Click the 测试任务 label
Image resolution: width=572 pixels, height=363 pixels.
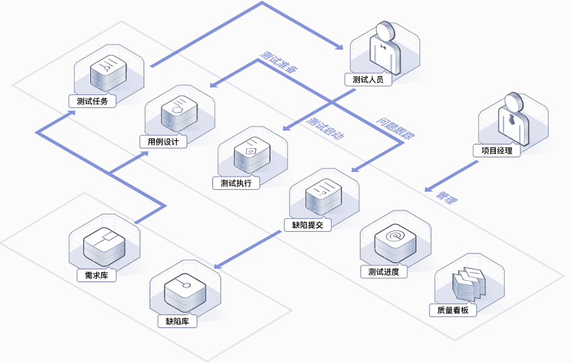pyautogui.click(x=92, y=102)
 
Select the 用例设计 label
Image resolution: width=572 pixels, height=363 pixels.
pyautogui.click(x=163, y=141)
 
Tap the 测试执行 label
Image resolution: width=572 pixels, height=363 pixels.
pyautogui.click(x=236, y=183)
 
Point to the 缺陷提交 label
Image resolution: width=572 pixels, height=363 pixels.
pyautogui.click(x=308, y=225)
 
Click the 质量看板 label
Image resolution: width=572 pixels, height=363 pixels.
pyautogui.click(x=452, y=310)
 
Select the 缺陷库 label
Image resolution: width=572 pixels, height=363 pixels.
pyautogui.click(x=177, y=321)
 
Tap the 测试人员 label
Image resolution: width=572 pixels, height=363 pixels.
pyautogui.click(x=367, y=79)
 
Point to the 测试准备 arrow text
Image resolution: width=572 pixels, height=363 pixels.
pyautogui.click(x=279, y=62)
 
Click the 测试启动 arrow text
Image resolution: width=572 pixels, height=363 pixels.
pyautogui.click(x=326, y=127)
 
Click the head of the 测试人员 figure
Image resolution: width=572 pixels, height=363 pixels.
pyautogui.click(x=385, y=31)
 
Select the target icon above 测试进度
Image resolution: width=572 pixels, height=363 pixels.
pyautogui.click(x=391, y=237)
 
